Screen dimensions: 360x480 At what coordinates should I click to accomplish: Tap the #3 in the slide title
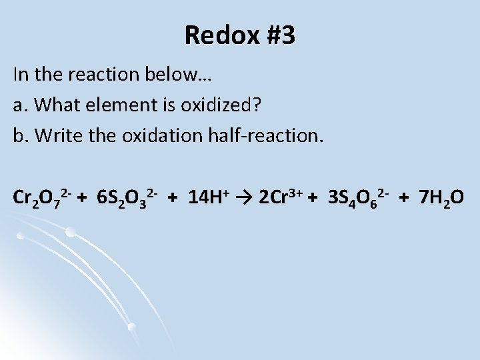(x=275, y=35)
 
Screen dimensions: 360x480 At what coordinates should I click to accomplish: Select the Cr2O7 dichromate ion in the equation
(x=37, y=199)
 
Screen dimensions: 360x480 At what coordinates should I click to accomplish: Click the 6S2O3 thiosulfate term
(x=126, y=199)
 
